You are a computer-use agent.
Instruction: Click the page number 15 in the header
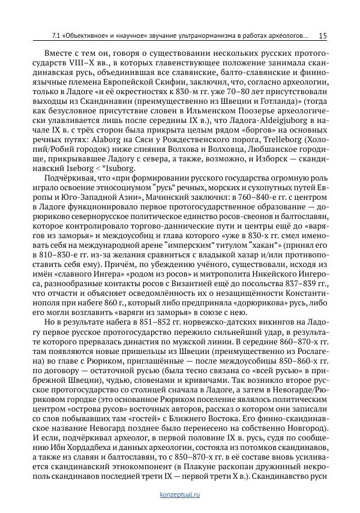[322, 36]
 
